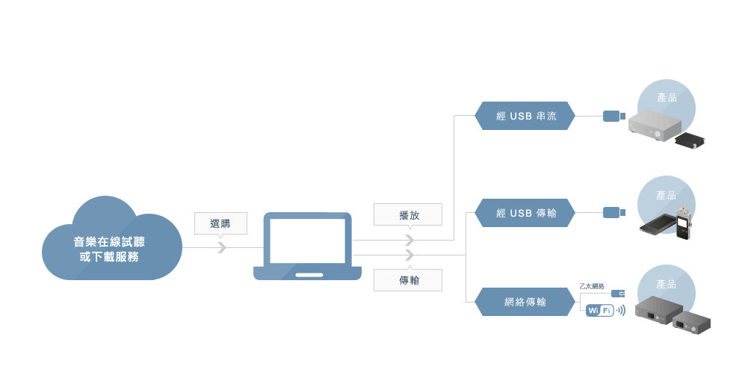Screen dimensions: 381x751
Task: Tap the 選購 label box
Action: (220, 223)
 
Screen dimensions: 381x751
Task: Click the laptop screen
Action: (307, 241)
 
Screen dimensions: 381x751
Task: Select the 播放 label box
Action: (409, 214)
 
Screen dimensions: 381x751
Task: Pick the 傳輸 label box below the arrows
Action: (409, 280)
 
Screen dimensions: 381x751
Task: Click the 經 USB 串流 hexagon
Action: (525, 116)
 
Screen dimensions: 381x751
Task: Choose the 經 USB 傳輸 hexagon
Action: (525, 213)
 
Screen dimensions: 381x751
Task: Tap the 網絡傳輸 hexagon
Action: (525, 302)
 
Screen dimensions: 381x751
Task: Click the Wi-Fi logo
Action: (600, 310)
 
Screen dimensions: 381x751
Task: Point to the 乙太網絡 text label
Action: (592, 286)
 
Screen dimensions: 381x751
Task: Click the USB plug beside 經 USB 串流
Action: (614, 116)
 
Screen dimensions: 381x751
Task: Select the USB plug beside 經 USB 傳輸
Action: (614, 213)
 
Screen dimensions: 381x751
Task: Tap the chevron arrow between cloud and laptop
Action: (221, 247)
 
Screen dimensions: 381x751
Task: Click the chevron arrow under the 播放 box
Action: (409, 240)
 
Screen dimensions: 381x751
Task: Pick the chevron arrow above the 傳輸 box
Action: (409, 255)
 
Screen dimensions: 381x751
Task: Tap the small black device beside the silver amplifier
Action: (690, 140)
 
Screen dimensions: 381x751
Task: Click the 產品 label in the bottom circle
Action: (666, 285)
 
